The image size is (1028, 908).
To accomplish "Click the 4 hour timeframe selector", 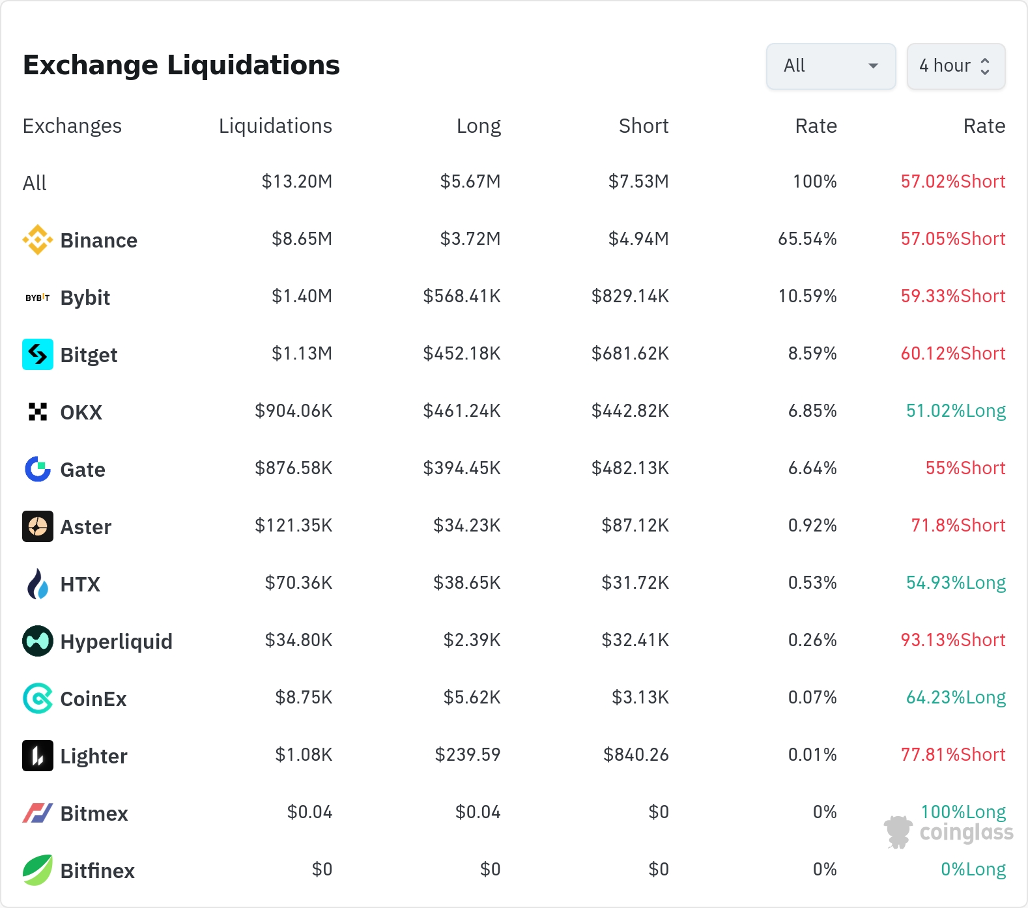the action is coord(956,66).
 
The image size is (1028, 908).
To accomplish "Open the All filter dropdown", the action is coord(831,66).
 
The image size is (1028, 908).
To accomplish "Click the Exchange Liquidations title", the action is coord(181,65).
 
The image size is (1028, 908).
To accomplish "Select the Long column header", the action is coord(479,126).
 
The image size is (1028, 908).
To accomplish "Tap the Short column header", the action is coord(644,126).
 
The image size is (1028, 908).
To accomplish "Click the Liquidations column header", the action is coord(276,126).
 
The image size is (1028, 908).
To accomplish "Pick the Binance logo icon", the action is coord(38,240).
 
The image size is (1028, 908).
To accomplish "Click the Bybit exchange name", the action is coord(85,298).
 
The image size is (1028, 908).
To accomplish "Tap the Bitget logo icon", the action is coord(38,354).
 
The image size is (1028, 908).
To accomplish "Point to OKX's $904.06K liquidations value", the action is coord(294,410).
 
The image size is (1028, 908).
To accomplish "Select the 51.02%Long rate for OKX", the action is coord(956,410).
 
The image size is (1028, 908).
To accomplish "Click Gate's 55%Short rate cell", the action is coord(965,468).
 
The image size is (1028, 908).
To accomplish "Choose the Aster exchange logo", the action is coord(38,526).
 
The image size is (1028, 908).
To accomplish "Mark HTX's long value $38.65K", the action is coord(467,582).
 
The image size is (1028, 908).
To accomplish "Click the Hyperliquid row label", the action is coord(117,642).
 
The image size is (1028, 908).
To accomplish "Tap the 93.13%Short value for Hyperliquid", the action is coord(953,640).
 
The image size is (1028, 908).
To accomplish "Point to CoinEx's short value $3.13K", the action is coord(640,697).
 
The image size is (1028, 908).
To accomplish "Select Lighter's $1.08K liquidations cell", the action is coord(304,754).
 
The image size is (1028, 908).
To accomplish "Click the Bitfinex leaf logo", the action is coord(38,870).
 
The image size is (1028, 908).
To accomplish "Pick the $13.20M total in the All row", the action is coord(297,181).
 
